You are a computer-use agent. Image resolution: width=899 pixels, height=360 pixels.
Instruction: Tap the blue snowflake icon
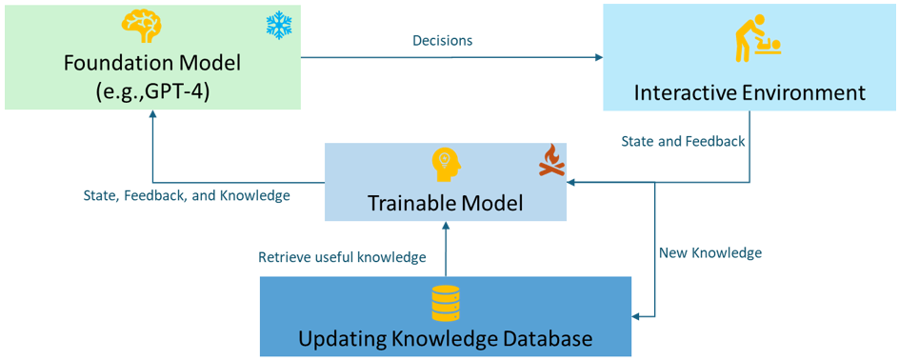point(278,26)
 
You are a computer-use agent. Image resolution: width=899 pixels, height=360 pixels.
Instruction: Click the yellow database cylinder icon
point(446,303)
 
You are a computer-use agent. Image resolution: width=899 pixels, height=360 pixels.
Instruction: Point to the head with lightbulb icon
point(446,165)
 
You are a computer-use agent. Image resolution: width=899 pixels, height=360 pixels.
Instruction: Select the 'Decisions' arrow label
point(442,41)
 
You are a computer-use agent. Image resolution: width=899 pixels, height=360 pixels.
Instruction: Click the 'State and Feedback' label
point(683,141)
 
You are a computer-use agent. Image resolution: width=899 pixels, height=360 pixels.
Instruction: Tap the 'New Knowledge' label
point(710,253)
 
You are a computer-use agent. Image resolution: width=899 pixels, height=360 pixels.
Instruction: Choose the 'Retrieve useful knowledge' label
point(342,257)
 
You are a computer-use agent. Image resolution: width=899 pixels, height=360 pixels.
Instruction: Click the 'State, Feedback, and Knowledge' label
point(186,196)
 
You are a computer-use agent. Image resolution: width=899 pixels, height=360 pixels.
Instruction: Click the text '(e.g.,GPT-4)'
point(152,91)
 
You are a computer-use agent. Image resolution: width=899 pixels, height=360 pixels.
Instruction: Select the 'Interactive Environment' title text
point(749,92)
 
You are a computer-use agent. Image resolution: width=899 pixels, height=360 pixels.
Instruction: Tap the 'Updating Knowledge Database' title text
point(446,338)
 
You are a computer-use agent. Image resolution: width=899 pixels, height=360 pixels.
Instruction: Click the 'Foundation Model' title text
point(152,63)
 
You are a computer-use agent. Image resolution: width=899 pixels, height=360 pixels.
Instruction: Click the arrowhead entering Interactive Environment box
point(597,59)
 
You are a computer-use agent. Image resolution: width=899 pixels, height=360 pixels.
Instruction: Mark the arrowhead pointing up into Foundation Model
point(152,115)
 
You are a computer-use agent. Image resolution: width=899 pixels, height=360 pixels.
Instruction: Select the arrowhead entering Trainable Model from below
point(446,224)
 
